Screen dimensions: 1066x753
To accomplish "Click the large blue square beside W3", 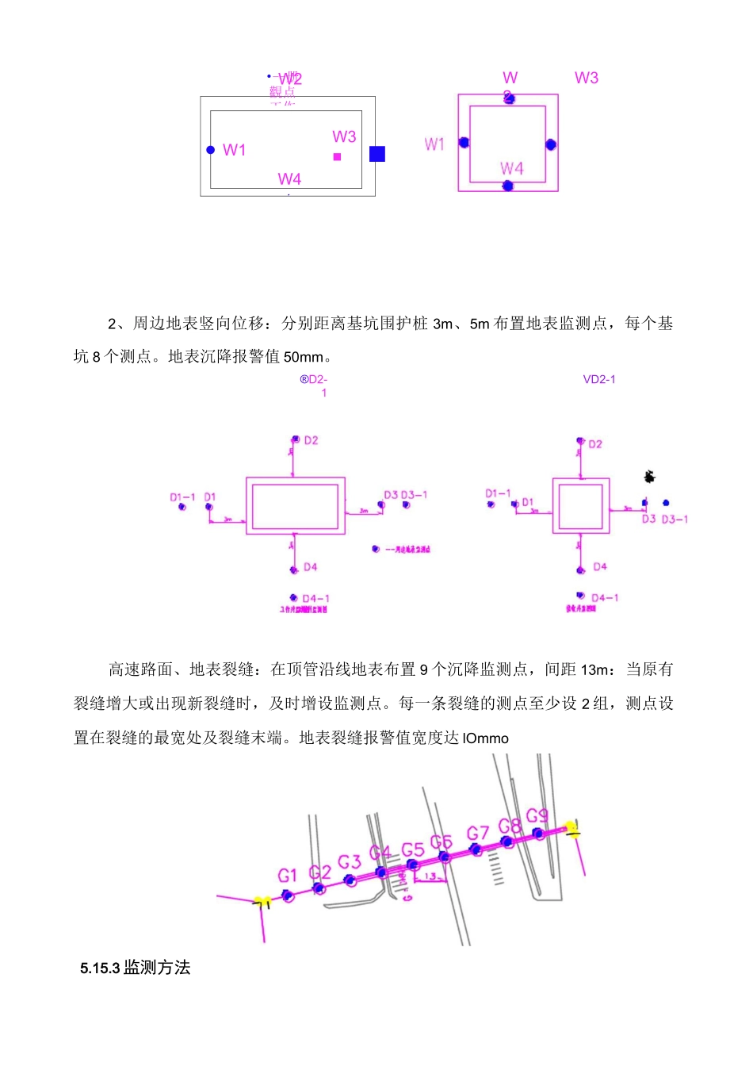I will click(x=377, y=154).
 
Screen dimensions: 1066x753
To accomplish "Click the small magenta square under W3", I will click(x=337, y=157).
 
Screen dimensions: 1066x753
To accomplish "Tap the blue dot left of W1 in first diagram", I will click(x=210, y=150).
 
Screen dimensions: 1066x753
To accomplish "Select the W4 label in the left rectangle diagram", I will click(x=289, y=179).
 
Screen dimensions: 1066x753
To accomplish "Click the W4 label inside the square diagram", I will click(x=511, y=168).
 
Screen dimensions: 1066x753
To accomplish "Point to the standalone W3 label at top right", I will click(x=587, y=78).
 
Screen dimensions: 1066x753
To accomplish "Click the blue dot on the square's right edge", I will click(x=551, y=144).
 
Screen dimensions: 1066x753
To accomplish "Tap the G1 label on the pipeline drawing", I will click(x=287, y=876).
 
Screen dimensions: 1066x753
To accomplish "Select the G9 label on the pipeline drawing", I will click(x=537, y=815).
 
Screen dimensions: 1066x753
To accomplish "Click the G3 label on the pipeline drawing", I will click(x=350, y=862).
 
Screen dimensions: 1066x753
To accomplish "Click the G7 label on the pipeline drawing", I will click(x=477, y=834).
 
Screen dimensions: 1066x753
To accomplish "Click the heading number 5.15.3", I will click(x=99, y=968).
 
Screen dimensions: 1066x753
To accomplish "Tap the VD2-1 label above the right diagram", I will click(x=599, y=380).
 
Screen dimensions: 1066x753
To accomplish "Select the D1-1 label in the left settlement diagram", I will click(x=182, y=497).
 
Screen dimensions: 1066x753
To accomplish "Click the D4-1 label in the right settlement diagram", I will click(x=605, y=598).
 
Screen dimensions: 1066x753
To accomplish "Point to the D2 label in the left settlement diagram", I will click(x=311, y=440).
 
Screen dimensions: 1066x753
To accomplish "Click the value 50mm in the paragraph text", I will click(x=304, y=357).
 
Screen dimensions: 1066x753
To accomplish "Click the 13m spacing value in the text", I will click(x=594, y=670).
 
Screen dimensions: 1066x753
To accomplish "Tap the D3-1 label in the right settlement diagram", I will click(x=675, y=520).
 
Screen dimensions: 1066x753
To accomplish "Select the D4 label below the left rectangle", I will click(x=310, y=567).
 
